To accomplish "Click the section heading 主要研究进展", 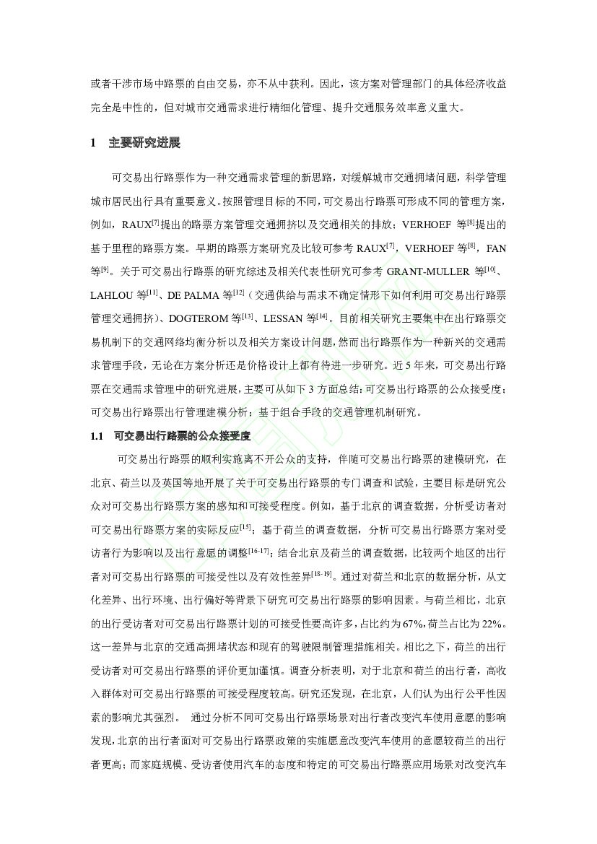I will tap(144, 143).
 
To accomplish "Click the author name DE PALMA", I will tap(194, 295).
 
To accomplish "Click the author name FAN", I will tap(497, 248).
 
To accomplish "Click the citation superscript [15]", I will tap(245, 527).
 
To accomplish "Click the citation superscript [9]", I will tap(105, 269).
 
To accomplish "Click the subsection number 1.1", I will tap(98, 436).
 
